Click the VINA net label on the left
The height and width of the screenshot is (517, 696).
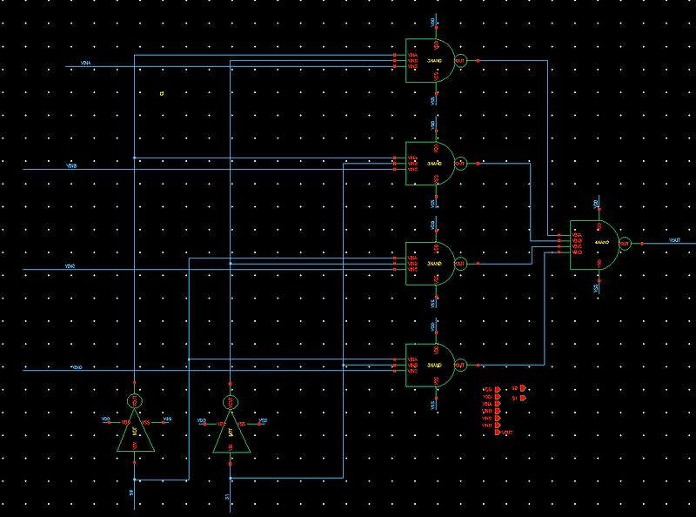[x=86, y=64]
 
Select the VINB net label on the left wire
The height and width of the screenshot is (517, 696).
[x=72, y=164]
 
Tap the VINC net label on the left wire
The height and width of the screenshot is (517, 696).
[x=70, y=265]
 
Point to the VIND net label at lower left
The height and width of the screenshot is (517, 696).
[x=77, y=366]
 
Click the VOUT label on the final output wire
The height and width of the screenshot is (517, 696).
[x=674, y=240]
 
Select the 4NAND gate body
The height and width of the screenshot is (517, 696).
[x=593, y=245]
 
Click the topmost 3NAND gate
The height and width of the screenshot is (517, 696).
[x=431, y=61]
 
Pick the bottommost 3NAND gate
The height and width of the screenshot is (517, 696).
[x=431, y=365]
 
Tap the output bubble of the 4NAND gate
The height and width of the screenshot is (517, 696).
[x=624, y=245]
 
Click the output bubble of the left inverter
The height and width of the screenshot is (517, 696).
[x=135, y=401]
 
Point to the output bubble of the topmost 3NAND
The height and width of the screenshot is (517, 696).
[x=460, y=61]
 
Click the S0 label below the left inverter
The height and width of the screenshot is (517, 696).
[x=132, y=493]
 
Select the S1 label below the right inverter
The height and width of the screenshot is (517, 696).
[x=228, y=496]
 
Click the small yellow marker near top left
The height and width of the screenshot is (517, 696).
[x=162, y=93]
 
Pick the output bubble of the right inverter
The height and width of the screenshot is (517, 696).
[x=231, y=401]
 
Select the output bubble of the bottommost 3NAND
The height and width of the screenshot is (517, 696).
[x=460, y=365]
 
